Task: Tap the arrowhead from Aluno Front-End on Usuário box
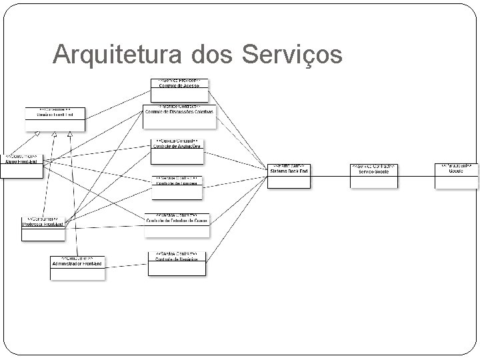click(x=38, y=135)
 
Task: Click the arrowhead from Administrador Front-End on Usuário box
click(x=69, y=135)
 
